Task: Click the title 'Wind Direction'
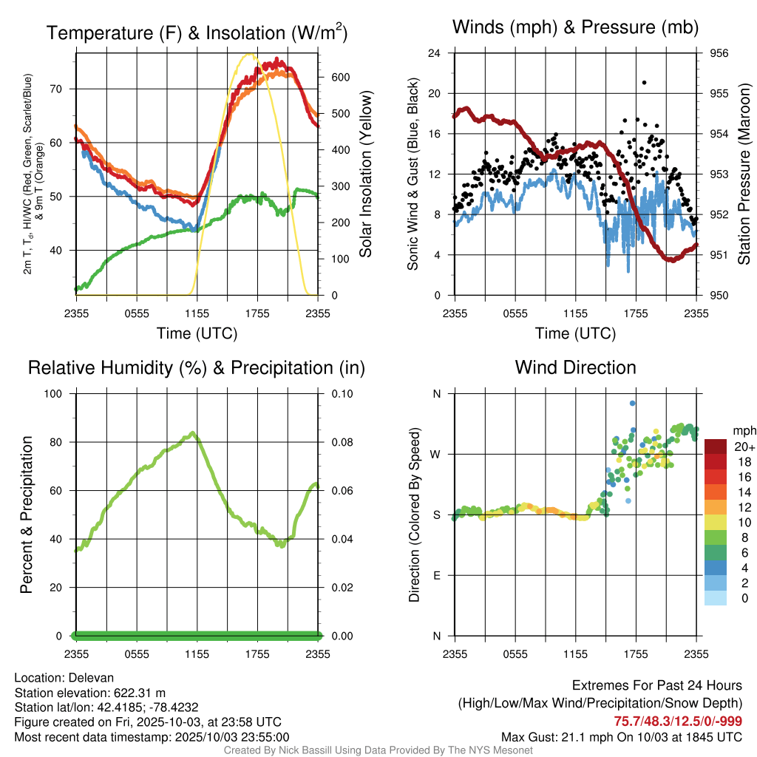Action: coord(575,367)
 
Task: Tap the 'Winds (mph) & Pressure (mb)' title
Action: coord(575,28)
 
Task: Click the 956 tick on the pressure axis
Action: coord(719,53)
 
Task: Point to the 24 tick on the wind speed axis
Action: coord(435,53)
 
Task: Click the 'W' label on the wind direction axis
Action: coord(436,454)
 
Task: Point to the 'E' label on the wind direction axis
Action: coord(437,575)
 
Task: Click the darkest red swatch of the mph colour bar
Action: coord(716,446)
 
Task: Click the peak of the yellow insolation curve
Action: coord(249,55)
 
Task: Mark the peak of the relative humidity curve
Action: coord(192,433)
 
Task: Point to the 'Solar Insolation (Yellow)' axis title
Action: coord(366,174)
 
